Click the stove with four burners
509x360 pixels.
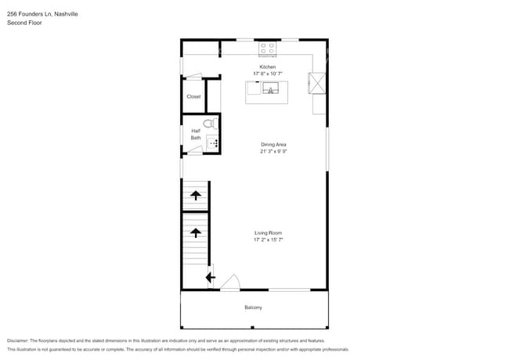pos(268,49)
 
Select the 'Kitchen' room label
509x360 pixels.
pos(268,67)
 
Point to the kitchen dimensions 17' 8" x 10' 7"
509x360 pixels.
pos(268,74)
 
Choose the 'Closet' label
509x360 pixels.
pos(193,97)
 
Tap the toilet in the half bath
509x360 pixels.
pos(209,124)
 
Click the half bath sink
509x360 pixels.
pos(212,143)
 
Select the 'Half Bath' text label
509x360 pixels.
pos(195,135)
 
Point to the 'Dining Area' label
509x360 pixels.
pos(273,145)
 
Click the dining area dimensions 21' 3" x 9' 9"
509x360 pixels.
pos(273,152)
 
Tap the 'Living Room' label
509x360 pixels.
pos(268,233)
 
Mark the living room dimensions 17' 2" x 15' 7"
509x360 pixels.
pos(268,240)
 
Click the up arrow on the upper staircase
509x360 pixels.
pos(195,196)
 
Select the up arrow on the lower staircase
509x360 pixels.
pos(195,232)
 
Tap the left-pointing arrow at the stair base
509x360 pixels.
pos(210,275)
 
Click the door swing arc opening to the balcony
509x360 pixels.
pos(229,283)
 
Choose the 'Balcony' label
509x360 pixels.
pos(253,308)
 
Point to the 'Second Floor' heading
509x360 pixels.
pos(24,23)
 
